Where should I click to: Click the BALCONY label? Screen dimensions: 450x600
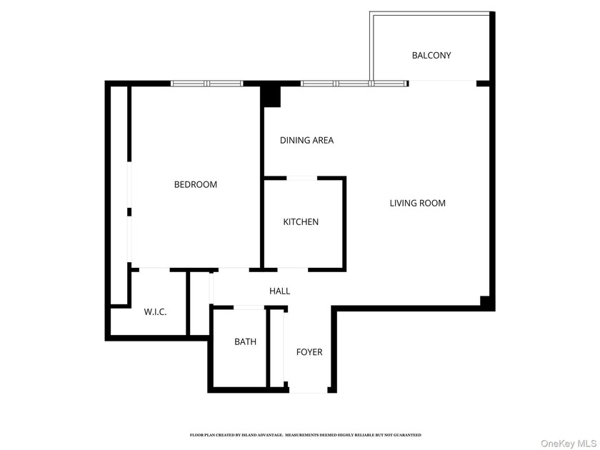pos(431,55)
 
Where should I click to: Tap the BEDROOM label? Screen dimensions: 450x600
pos(196,184)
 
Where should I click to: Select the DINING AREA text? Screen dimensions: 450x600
pos(306,140)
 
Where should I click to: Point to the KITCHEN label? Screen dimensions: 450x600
pos(301,222)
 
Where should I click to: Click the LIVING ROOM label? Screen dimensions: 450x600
pos(417,203)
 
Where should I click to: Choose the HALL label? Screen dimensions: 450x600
pos(279,291)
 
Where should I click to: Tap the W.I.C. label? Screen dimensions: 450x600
pos(155,311)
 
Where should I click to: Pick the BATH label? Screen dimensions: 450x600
pos(245,341)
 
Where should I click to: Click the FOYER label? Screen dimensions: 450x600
pos(309,352)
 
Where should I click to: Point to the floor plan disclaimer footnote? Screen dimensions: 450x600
pos(305,434)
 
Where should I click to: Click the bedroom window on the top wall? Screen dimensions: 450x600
pos(206,84)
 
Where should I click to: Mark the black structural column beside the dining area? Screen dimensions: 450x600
pos(271,95)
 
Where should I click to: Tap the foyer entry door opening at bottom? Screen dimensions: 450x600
pos(309,391)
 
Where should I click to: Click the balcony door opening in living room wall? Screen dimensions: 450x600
pos(442,83)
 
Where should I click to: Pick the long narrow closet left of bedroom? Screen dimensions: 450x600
pos(119,193)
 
